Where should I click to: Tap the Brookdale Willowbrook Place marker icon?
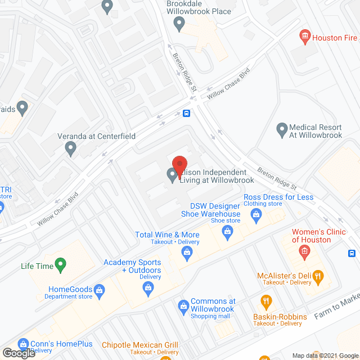click(x=179, y=24)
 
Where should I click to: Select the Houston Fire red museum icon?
click(x=305, y=37)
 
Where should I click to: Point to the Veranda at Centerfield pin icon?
click(x=71, y=148)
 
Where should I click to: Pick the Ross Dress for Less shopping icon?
click(x=256, y=214)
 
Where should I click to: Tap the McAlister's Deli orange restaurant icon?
click(x=318, y=275)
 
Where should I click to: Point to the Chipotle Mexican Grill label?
click(x=139, y=345)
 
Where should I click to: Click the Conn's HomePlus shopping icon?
click(x=23, y=343)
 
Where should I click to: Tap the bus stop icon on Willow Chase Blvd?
click(x=186, y=113)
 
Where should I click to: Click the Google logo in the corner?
click(x=19, y=353)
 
